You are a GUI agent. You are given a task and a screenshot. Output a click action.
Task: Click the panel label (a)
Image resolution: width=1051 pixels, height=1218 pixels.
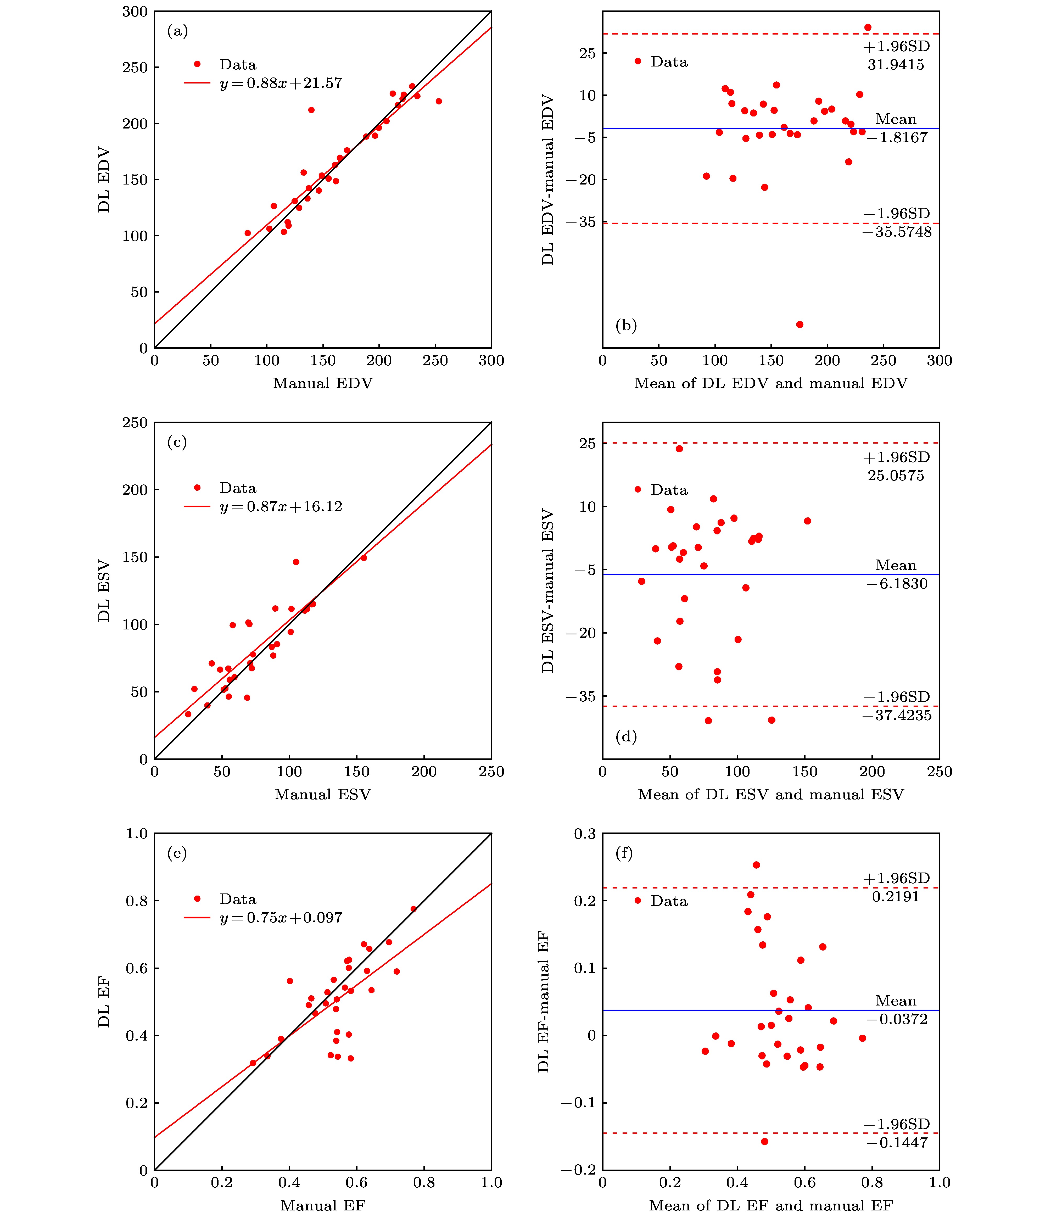tap(177, 31)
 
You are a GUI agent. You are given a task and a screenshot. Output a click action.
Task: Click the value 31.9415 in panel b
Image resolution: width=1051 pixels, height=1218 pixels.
tap(896, 65)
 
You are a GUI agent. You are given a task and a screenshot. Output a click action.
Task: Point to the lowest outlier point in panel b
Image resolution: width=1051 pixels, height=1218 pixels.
tap(800, 325)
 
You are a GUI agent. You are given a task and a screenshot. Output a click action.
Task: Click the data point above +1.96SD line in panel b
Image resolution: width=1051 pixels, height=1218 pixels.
tap(868, 28)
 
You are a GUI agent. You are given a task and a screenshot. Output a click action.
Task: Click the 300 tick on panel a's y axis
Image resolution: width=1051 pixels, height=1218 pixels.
tap(135, 12)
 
